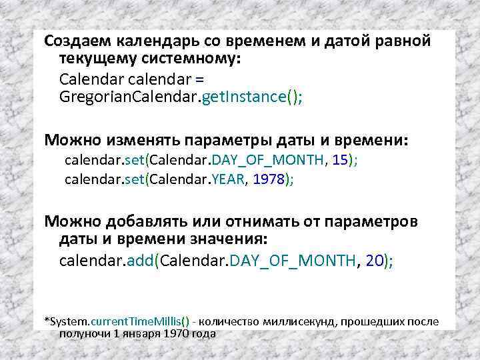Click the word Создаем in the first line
73,41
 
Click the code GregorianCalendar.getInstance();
181,97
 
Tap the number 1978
269,179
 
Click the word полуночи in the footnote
82,333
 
